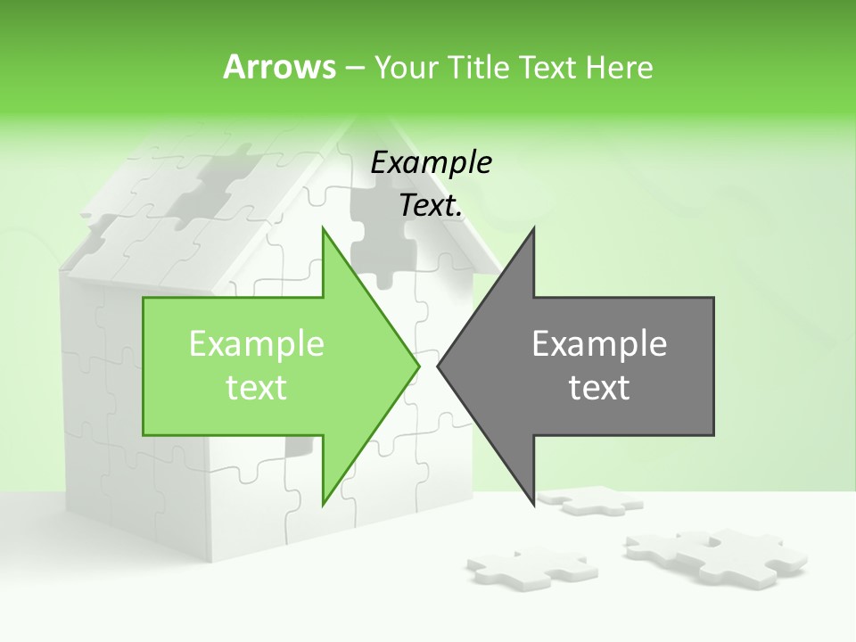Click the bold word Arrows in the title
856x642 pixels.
[x=279, y=67]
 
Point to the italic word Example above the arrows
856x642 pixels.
[x=432, y=162]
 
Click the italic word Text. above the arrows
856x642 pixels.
[x=432, y=206]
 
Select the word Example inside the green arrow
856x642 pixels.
[x=257, y=343]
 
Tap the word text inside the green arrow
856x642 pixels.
[x=257, y=388]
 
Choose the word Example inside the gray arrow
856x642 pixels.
[x=599, y=343]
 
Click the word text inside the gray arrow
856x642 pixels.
[x=599, y=388]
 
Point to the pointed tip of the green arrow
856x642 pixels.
[x=419, y=366]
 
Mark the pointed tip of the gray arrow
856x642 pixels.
[x=438, y=366]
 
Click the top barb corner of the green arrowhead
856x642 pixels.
[x=323, y=228]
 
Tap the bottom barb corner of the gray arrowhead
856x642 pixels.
[x=534, y=505]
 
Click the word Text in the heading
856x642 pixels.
[x=547, y=67]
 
